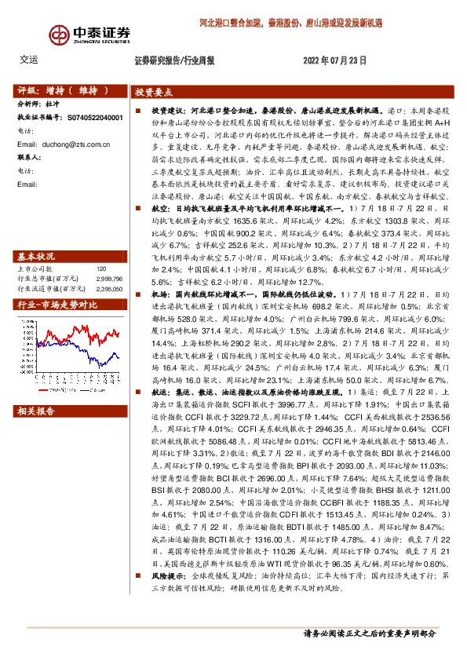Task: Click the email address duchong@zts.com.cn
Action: pos(70,144)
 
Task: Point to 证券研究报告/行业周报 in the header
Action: pos(174,60)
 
